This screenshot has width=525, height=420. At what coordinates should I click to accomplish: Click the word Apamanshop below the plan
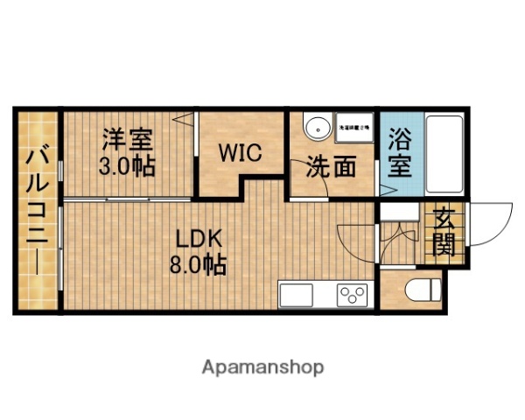(x=263, y=367)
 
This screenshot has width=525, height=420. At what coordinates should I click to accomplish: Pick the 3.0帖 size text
(x=127, y=166)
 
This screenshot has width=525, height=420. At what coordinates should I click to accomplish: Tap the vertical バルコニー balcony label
(x=36, y=210)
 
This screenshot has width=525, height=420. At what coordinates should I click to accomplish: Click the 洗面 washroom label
(x=330, y=166)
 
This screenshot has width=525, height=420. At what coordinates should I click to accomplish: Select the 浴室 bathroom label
(x=400, y=154)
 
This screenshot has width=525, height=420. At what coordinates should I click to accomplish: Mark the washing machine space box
(x=354, y=128)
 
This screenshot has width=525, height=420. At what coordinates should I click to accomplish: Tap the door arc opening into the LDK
(x=354, y=241)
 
